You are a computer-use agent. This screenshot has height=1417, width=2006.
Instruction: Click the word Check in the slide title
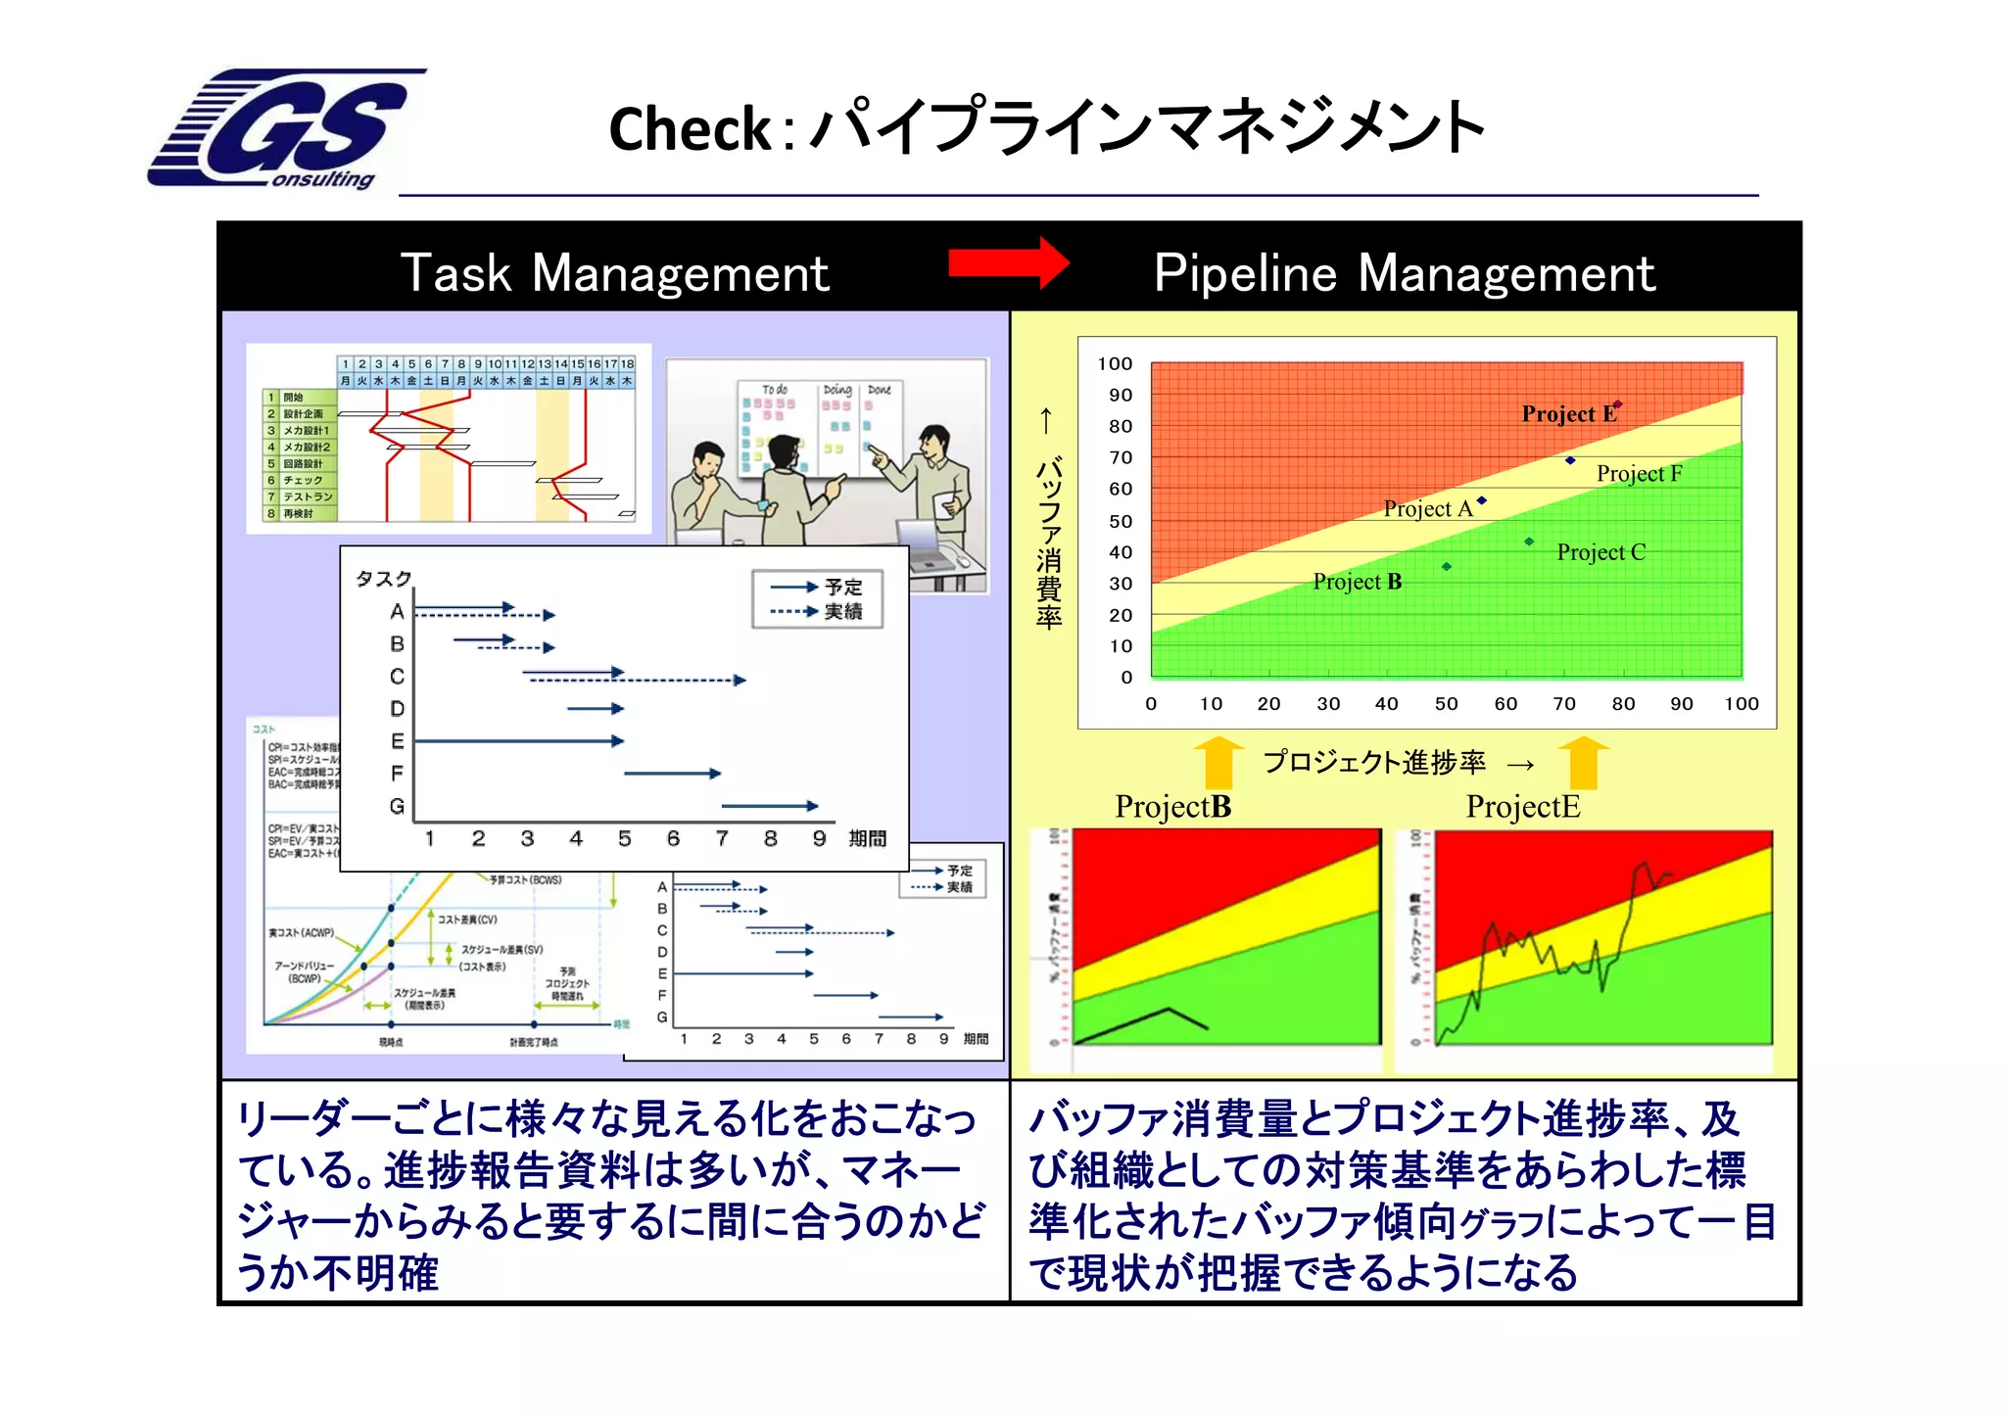click(x=690, y=129)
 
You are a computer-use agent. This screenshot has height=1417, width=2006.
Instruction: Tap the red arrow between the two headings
click(x=1009, y=262)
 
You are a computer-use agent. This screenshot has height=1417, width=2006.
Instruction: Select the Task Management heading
click(x=615, y=273)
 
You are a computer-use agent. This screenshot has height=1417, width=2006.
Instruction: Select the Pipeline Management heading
click(x=1404, y=273)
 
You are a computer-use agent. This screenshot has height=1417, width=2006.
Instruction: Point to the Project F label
click(x=1639, y=474)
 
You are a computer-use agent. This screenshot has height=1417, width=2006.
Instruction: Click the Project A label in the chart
click(x=1427, y=509)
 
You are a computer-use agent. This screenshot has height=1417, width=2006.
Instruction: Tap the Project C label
click(x=1600, y=552)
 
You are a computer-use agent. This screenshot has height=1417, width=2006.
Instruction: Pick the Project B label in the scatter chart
click(x=1357, y=582)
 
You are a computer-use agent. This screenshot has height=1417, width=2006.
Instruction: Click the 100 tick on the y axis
click(x=1115, y=364)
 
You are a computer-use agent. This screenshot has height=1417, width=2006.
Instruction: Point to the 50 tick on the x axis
click(x=1446, y=704)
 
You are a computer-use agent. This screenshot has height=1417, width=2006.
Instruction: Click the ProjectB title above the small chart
click(x=1172, y=807)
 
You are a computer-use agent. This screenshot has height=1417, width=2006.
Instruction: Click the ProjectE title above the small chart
click(x=1522, y=807)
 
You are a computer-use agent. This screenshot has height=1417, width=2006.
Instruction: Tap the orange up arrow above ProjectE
click(x=1583, y=763)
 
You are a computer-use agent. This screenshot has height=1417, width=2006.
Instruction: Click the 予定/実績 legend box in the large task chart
click(x=818, y=598)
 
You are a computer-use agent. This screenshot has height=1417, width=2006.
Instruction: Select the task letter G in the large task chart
click(x=397, y=806)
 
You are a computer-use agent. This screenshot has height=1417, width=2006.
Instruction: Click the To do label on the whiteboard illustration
click(x=774, y=390)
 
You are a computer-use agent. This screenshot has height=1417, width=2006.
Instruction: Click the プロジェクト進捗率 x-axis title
click(x=1373, y=762)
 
